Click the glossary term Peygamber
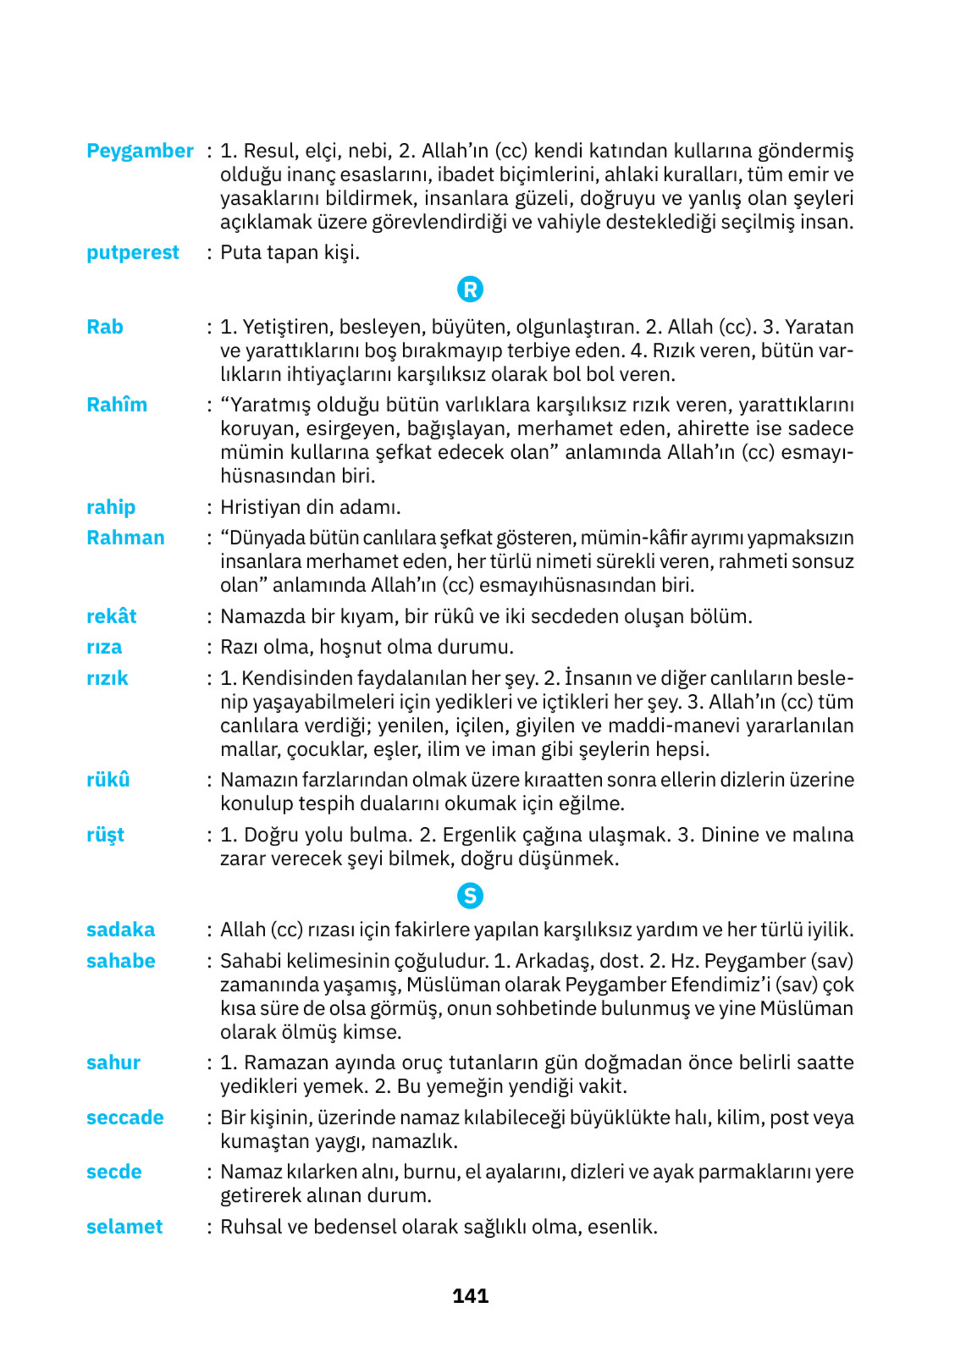pyautogui.click(x=139, y=151)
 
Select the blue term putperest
pyautogui.click(x=132, y=253)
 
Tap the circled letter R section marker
pyautogui.click(x=470, y=290)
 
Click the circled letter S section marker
pyautogui.click(x=470, y=896)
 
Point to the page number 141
pyautogui.click(x=470, y=1296)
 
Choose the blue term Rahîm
pyautogui.click(x=117, y=405)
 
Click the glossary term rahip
pyautogui.click(x=111, y=507)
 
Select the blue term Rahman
pyautogui.click(x=125, y=538)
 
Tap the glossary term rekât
pyautogui.click(x=111, y=616)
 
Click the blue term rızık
pyautogui.click(x=107, y=678)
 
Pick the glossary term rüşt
pyautogui.click(x=106, y=835)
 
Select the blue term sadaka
pyautogui.click(x=120, y=929)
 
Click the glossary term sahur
pyautogui.click(x=113, y=1062)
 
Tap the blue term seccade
pyautogui.click(x=125, y=1117)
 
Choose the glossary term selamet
pyautogui.click(x=124, y=1226)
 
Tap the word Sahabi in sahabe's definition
pyautogui.click(x=250, y=961)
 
